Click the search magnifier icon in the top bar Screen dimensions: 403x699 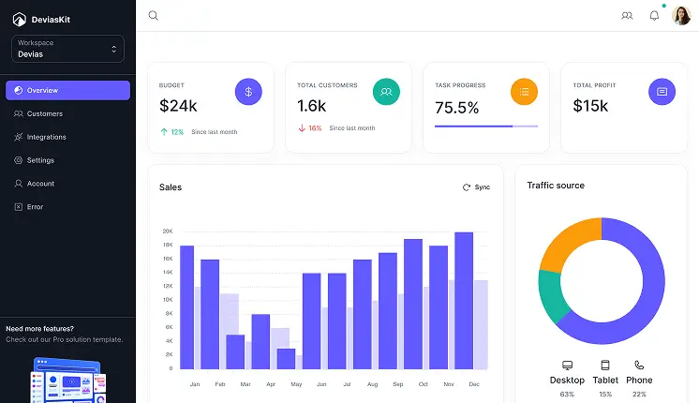(x=154, y=15)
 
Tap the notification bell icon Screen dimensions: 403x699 (x=654, y=15)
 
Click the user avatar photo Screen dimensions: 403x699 (x=681, y=15)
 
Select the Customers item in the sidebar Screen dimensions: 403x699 (x=44, y=113)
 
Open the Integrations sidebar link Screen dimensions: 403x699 (x=46, y=137)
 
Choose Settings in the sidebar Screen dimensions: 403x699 (x=40, y=160)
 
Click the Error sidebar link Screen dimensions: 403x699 (x=35, y=206)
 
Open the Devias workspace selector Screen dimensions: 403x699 (x=67, y=49)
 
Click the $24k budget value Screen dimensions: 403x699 (x=178, y=106)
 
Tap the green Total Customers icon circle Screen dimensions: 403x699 (x=386, y=92)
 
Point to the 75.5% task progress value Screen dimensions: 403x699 (x=457, y=107)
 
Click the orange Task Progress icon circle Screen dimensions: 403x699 (x=524, y=92)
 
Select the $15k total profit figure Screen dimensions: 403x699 (x=591, y=106)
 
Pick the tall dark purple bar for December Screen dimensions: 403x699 (x=464, y=300)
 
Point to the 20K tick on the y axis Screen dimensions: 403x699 (x=167, y=231)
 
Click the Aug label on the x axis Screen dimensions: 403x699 (x=372, y=385)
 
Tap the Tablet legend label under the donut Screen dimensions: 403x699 (x=605, y=380)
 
